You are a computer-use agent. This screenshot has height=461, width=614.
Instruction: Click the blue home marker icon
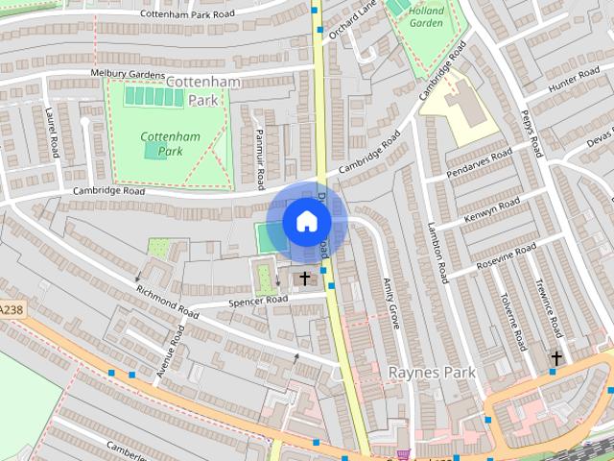click(x=306, y=222)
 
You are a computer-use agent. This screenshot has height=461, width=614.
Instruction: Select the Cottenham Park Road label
click(x=187, y=14)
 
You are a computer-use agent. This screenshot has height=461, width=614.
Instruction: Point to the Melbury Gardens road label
click(x=128, y=73)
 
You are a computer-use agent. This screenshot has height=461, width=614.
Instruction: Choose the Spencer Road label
click(x=257, y=300)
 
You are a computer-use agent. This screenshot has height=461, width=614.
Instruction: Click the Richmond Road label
click(x=168, y=303)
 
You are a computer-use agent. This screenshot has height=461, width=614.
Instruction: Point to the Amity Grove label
click(x=390, y=303)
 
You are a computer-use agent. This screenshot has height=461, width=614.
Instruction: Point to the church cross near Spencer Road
click(x=305, y=279)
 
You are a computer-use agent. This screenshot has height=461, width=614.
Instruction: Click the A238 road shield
click(x=10, y=309)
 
